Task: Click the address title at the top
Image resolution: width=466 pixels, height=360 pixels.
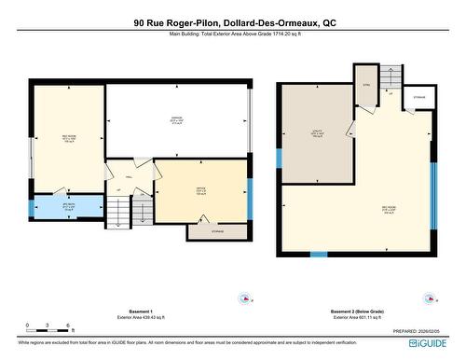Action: pos(234,22)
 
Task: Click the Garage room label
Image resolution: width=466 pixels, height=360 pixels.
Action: pos(176,120)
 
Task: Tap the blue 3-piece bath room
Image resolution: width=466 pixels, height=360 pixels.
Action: pos(67,207)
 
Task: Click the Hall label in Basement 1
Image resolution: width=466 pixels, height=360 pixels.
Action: pos(130,174)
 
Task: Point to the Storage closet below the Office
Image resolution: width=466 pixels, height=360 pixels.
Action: pos(217,230)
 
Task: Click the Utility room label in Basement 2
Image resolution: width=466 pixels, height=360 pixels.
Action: pos(316,132)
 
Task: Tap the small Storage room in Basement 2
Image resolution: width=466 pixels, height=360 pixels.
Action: pos(418,97)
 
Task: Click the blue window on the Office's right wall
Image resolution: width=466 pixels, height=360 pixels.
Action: pos(250,196)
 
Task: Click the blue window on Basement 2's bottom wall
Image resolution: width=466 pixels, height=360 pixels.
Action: pos(319,255)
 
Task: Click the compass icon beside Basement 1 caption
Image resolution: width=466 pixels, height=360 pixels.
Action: pos(244,299)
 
